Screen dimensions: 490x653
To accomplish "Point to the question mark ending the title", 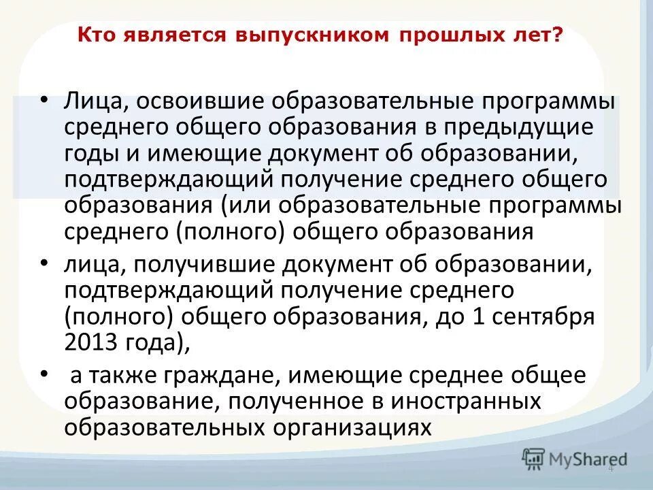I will coord(558,34).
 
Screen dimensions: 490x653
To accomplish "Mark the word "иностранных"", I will coord(466,402).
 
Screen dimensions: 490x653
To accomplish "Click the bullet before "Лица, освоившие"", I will coord(44,100).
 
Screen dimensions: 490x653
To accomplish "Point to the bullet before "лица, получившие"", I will coord(44,263).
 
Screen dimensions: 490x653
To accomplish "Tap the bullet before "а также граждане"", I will coord(44,374).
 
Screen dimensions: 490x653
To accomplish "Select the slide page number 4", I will coord(611,468).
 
